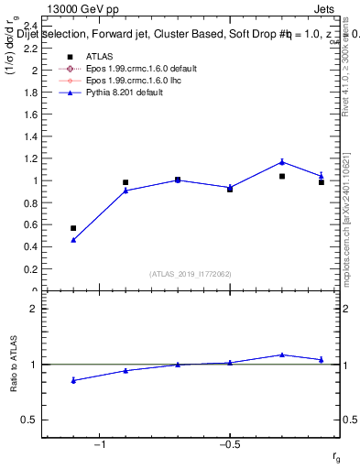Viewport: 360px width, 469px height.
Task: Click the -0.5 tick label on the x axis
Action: [227, 444]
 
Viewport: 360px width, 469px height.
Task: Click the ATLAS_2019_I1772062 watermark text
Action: [191, 273]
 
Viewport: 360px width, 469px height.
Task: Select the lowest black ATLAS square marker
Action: [73, 228]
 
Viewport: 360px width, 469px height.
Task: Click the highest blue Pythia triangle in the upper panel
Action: [282, 162]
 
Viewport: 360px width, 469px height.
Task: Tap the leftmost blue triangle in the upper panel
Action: [73, 240]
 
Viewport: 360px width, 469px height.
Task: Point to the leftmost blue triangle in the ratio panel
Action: [73, 380]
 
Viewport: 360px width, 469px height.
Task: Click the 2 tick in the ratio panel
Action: [33, 310]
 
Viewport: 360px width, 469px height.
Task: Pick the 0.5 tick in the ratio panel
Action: [30, 420]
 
